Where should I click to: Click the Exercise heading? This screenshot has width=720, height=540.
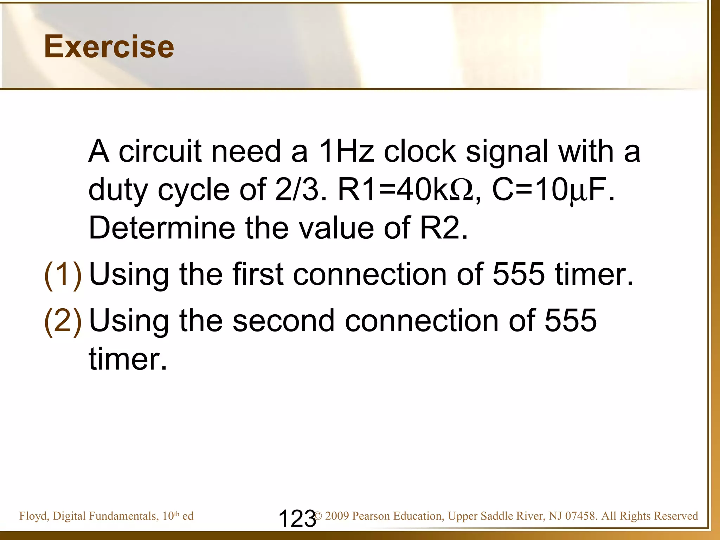pyautogui.click(x=109, y=47)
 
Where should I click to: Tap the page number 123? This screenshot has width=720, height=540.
pyautogui.click(x=297, y=519)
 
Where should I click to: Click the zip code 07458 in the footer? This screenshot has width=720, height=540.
pyautogui.click(x=580, y=516)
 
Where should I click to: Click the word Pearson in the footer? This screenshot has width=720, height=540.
pyautogui.click(x=371, y=516)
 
